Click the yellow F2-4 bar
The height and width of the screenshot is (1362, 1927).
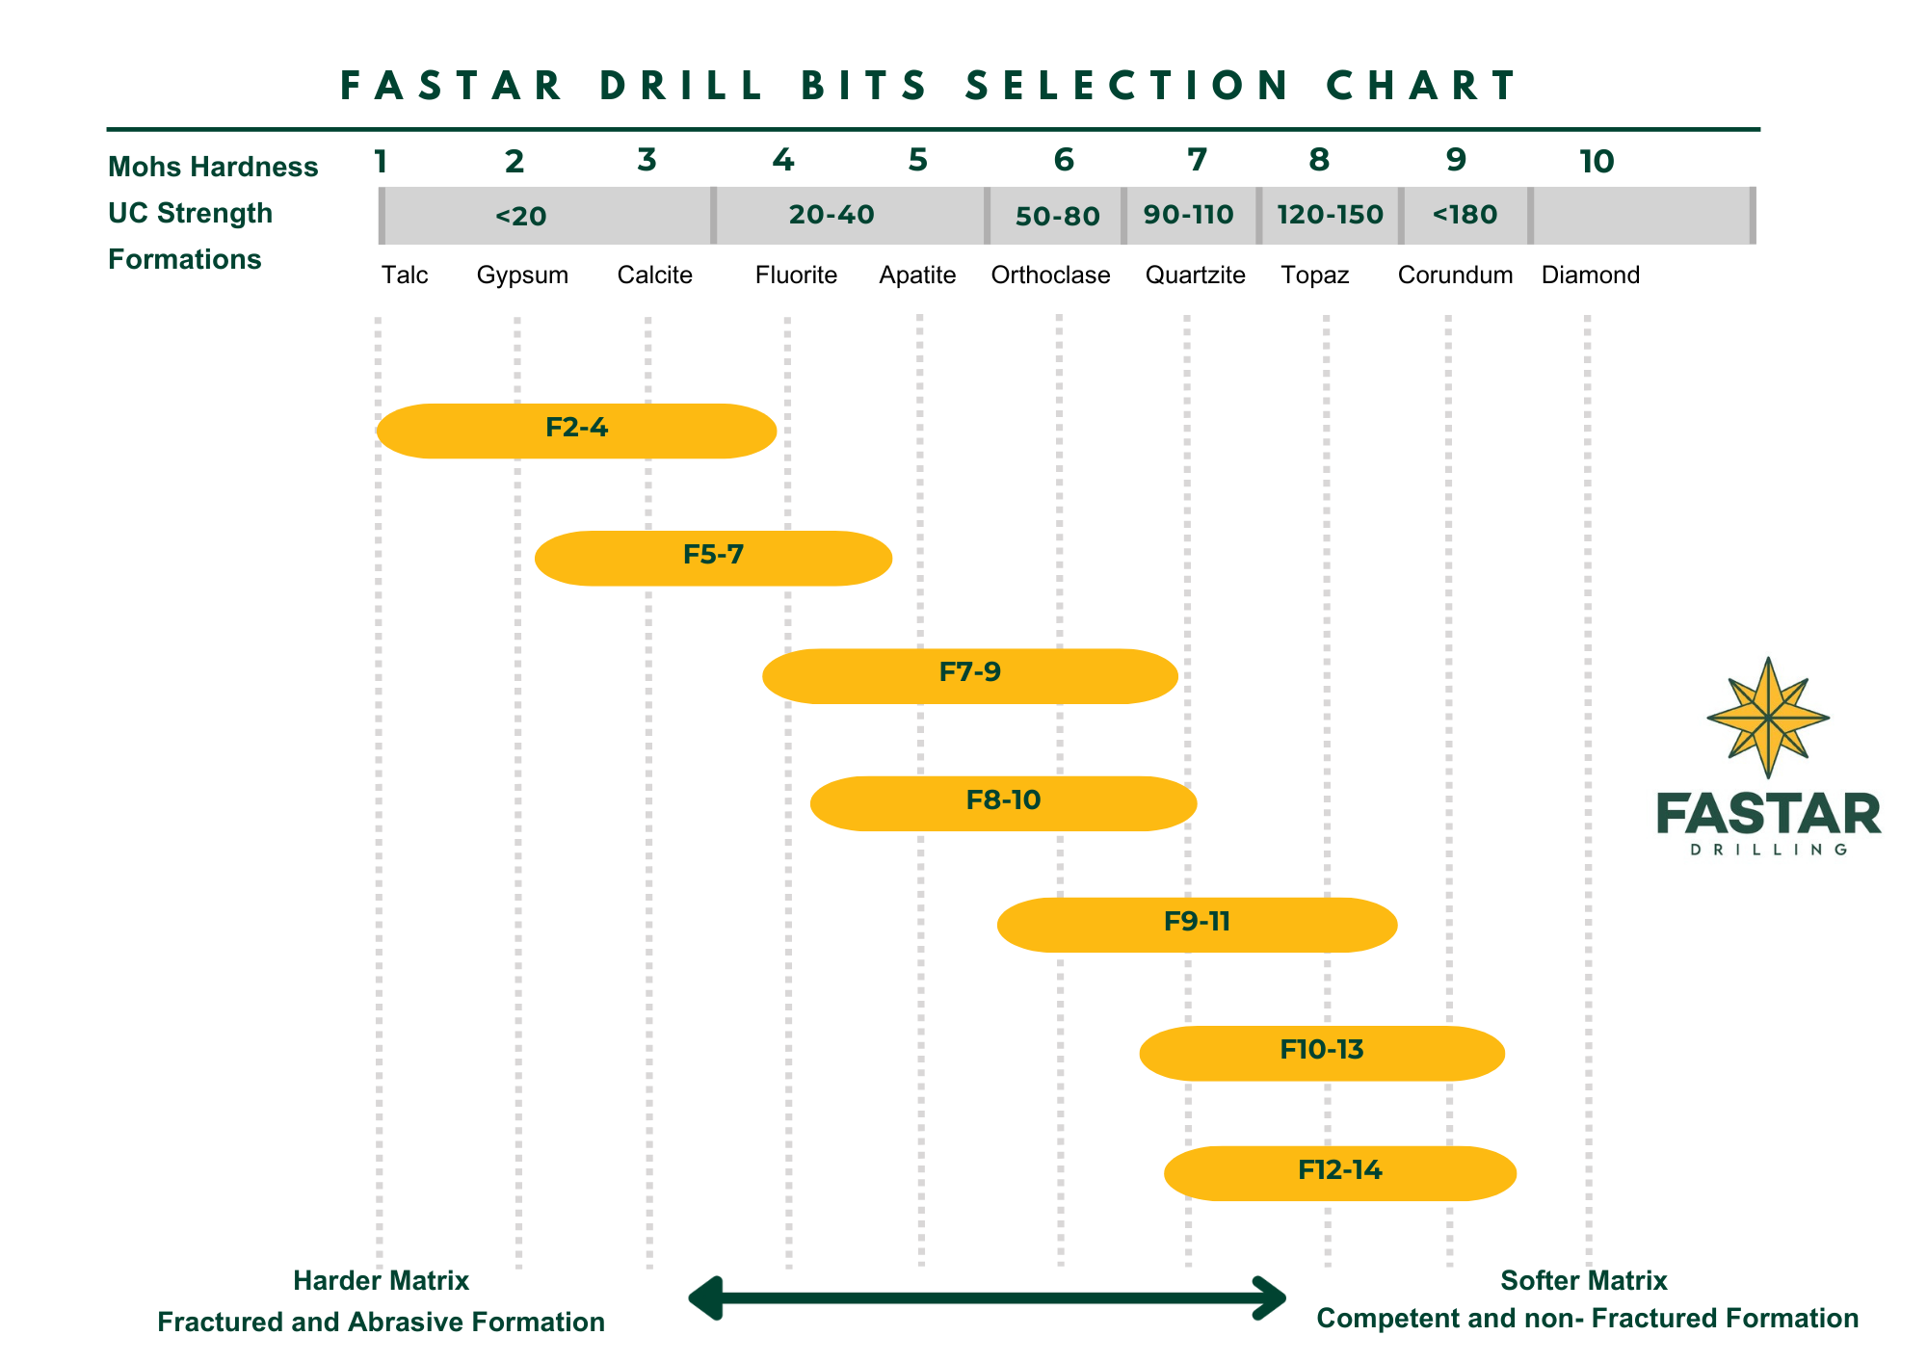[x=576, y=431]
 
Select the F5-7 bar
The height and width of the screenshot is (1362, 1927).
[x=713, y=558]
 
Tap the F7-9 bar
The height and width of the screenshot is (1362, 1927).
[x=969, y=676]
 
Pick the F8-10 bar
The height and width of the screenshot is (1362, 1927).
[x=1003, y=803]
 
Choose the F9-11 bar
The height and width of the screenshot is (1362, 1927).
[x=1197, y=925]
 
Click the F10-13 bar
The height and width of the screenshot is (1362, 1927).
[x=1322, y=1053]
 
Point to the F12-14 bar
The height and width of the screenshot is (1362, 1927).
[x=1340, y=1173]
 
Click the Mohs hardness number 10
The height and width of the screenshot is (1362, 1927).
[x=1597, y=162]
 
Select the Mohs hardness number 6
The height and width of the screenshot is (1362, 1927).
[x=1064, y=160]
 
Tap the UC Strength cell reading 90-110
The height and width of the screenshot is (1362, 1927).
[x=1189, y=215]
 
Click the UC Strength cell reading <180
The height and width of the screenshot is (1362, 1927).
[x=1465, y=215]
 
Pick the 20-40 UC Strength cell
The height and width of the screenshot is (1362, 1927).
[x=832, y=215]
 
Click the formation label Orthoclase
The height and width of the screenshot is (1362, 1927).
[x=1050, y=275]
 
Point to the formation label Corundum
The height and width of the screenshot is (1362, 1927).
[x=1455, y=275]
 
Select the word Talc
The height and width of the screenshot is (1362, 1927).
[x=405, y=275]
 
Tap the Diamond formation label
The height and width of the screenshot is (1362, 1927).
[x=1590, y=275]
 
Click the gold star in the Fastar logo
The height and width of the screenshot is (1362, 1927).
[x=1768, y=718]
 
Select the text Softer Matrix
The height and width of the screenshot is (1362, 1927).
[x=1583, y=1281]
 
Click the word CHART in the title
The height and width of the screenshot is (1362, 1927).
[x=1422, y=86]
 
